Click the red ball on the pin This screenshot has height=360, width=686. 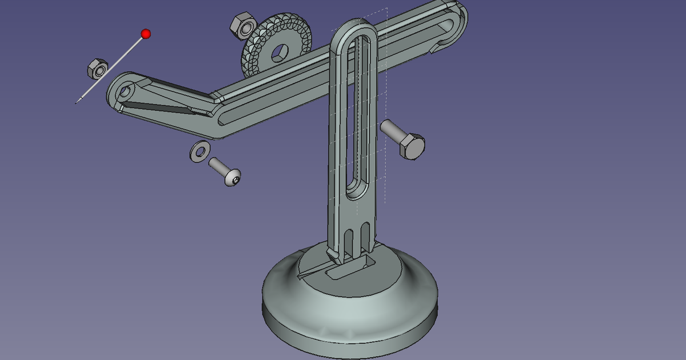146,34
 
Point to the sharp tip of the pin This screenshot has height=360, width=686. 77,102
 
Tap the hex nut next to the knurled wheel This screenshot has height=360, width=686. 242,25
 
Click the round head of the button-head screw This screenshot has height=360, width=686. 232,177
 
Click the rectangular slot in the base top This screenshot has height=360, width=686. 349,267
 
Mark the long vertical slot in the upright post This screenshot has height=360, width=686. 356,114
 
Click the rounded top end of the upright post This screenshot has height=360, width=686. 355,26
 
